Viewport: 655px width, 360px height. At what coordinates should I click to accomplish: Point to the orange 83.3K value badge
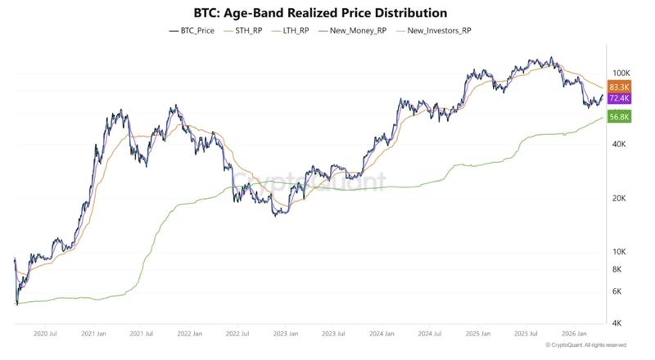(619, 86)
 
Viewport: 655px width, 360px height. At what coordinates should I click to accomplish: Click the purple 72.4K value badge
(619, 98)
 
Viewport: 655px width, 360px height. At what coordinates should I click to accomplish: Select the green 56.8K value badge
(619, 117)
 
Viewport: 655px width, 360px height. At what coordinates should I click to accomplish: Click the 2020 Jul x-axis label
(46, 334)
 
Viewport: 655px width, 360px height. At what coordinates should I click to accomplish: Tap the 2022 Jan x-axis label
(189, 334)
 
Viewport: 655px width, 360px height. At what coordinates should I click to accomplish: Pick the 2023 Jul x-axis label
(332, 334)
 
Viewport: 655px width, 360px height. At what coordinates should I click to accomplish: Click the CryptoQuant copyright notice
(585, 345)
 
